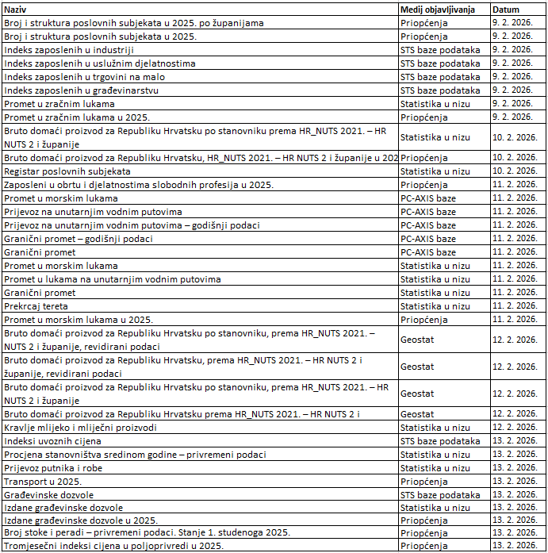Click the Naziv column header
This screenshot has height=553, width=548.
coord(17,10)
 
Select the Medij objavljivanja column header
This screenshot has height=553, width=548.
coord(437,10)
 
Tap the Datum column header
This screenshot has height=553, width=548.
coord(505,10)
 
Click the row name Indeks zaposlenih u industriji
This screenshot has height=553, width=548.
coord(69,50)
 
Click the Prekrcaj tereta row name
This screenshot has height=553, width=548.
coord(36,305)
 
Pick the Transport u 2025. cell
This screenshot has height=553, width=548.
coord(43,482)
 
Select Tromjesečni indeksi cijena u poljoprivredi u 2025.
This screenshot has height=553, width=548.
coord(114,546)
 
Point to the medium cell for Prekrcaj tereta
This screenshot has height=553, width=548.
coord(435,305)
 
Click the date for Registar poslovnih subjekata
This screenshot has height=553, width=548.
coord(514,171)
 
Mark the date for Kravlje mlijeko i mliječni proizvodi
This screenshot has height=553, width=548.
coord(514,428)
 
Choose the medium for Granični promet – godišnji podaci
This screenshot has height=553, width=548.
coord(428,238)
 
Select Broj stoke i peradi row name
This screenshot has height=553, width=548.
coord(147,532)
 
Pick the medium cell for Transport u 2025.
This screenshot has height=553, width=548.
coord(424,482)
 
